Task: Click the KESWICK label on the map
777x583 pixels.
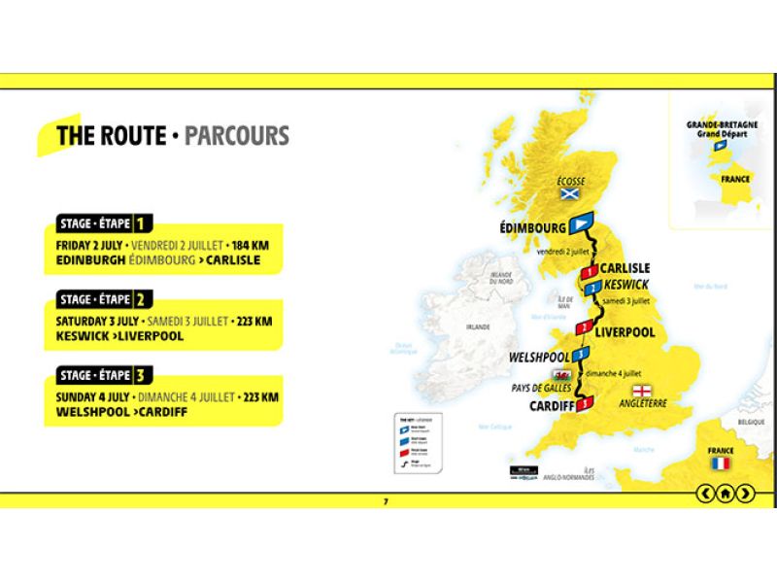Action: (625, 286)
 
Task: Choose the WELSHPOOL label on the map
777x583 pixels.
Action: (538, 358)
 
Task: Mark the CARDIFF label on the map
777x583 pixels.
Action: (550, 405)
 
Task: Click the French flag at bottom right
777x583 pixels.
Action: (720, 463)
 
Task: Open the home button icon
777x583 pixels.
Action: (725, 494)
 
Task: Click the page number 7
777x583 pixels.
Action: (386, 501)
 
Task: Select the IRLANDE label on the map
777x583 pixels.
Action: (477, 327)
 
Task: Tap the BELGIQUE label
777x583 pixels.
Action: (751, 424)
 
